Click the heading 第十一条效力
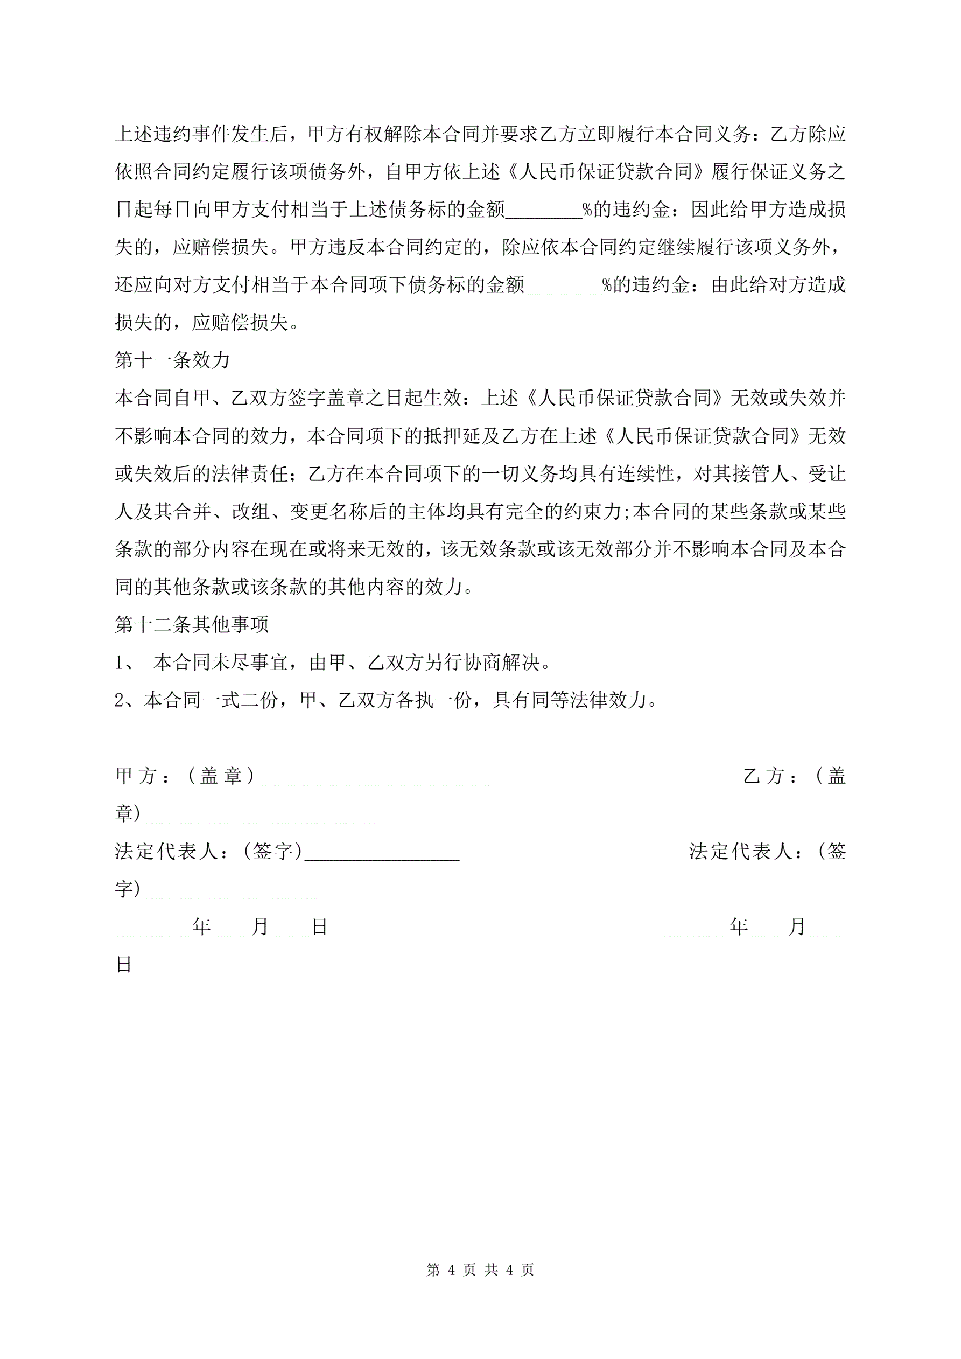172,360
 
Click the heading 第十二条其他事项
192,624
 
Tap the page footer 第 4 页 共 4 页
480,1270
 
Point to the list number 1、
125,663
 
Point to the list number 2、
128,701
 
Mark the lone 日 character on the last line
124,965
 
